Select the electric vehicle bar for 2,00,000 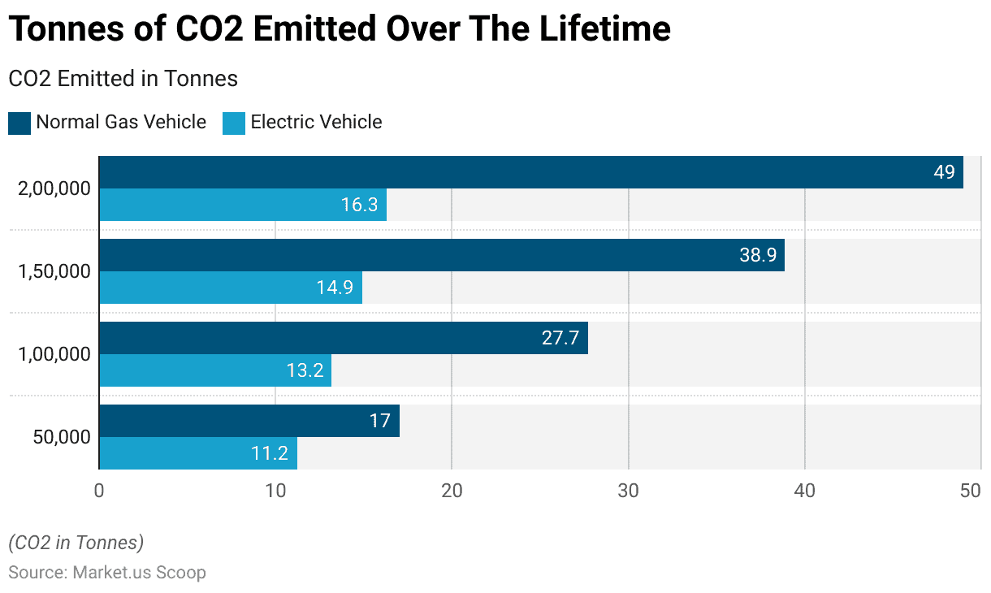point(243,205)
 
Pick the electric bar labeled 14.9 point(231,288)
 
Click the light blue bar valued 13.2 point(215,370)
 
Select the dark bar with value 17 point(249,421)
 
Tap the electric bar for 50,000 point(198,453)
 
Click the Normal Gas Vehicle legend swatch point(19,123)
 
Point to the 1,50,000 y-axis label point(54,271)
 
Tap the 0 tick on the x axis point(99,491)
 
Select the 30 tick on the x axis point(628,491)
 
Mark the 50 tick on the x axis point(972,491)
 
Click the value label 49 point(944,172)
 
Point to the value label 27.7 point(560,338)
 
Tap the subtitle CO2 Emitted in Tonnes point(123,79)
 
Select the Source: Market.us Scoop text point(107,572)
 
